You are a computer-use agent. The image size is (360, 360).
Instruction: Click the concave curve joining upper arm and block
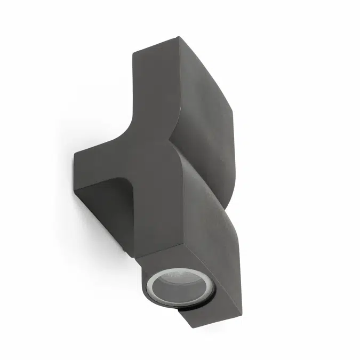pos(128,133)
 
